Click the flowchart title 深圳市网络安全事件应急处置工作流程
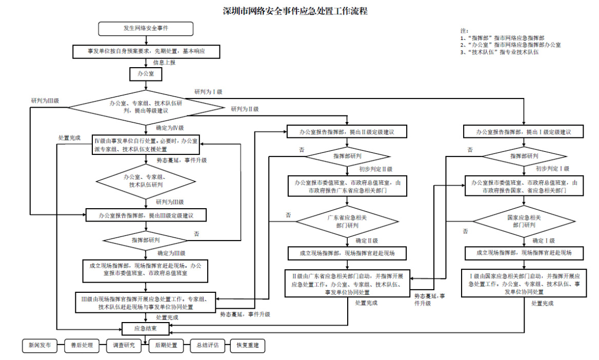295,11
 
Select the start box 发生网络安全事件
146,28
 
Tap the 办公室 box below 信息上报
146,74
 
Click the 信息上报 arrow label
164,62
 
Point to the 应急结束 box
146,328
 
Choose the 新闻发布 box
39,346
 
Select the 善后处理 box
82,346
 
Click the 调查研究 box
124,346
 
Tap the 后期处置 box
166,346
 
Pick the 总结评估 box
207,346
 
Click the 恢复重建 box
248,346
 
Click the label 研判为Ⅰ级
208,92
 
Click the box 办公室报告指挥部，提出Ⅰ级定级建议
524,132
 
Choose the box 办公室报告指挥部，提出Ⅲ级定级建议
146,215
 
